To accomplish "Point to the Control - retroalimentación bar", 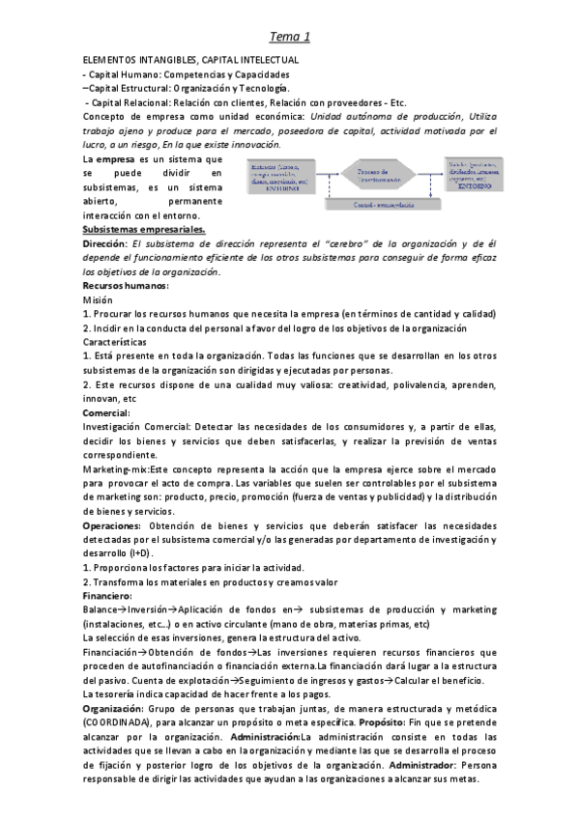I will [371, 205].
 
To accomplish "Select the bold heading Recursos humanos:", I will [125, 287].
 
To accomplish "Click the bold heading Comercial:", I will [106, 412].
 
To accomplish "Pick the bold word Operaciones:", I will [113, 524].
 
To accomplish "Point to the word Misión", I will [99, 300].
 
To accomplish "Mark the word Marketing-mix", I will [115, 468].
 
